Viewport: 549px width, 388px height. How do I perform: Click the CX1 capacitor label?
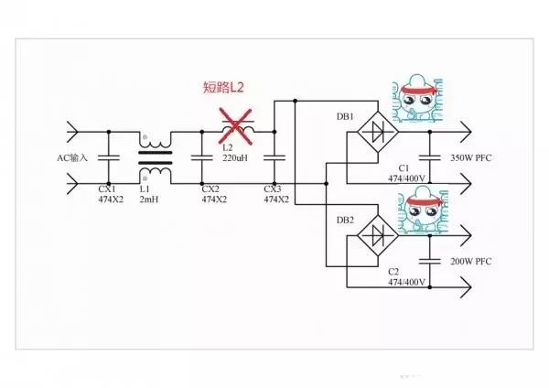point(107,189)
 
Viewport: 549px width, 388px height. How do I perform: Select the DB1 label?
point(346,118)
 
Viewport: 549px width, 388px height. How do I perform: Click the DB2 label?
point(346,220)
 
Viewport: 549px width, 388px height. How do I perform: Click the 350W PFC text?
point(470,158)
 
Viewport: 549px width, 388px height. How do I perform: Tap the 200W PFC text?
point(470,262)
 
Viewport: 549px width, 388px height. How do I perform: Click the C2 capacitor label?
point(394,272)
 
